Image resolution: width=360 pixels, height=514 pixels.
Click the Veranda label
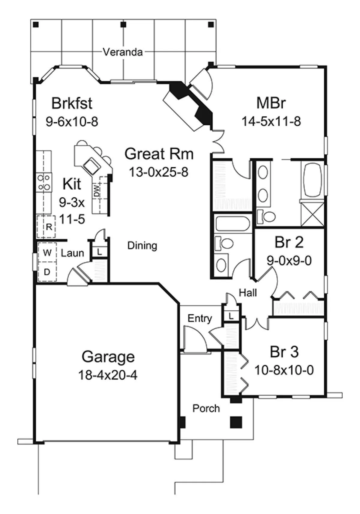[123, 52]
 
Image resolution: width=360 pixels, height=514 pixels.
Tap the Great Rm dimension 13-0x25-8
[159, 172]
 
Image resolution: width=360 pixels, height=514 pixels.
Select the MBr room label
[271, 103]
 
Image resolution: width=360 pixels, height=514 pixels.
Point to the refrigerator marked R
[46, 227]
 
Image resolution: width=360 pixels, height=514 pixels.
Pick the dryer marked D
[47, 272]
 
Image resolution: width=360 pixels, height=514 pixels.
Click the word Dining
[142, 246]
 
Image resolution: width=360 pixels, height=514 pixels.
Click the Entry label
[200, 319]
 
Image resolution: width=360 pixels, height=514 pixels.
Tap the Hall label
[248, 293]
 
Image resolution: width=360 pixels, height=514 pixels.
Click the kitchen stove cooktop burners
[44, 183]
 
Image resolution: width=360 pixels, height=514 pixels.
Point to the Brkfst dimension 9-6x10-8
[72, 121]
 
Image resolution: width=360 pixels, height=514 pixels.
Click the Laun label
[72, 253]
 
